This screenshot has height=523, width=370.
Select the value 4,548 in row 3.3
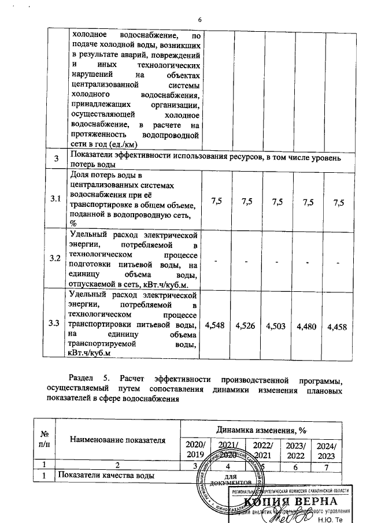pos(217,327)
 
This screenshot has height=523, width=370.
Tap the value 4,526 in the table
pos(247,327)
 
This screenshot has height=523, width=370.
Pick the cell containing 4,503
pos(276,327)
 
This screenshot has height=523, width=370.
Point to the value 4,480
pos(306,327)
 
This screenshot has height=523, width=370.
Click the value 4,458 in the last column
pos(337,327)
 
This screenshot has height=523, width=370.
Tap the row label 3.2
pos(55,258)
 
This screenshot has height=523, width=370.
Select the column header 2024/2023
pos(325,449)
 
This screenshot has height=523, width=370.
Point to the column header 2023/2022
pos(294,449)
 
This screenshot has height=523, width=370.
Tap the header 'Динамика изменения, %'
pos(261,429)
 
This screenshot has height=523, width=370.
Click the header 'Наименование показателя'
pos(117,440)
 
